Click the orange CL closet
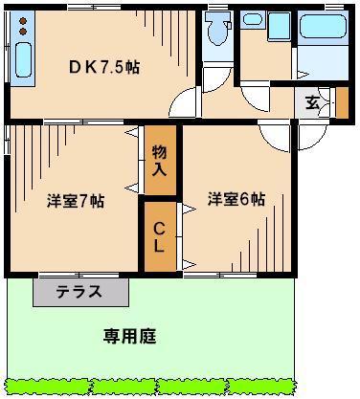pos(160,234)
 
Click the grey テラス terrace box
pos(79,292)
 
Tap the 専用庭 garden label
pos(129,337)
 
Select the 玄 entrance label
pos(312,102)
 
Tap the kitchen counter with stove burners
pos(22,48)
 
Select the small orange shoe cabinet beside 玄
pos(342,100)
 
